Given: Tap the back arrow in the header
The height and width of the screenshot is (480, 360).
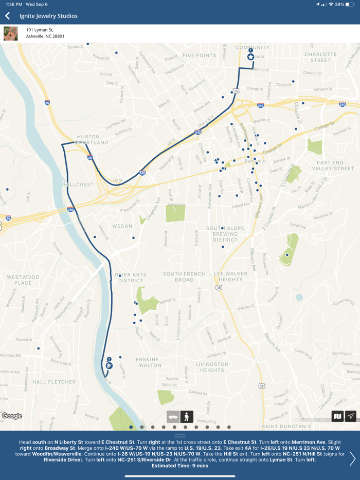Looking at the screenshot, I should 8,16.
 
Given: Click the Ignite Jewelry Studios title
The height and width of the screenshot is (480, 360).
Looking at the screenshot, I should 48,16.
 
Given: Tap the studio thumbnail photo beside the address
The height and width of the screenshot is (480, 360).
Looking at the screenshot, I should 11,33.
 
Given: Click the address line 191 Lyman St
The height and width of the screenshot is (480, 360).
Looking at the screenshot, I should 40,30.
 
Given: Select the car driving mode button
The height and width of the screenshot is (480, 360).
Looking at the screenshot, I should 173,416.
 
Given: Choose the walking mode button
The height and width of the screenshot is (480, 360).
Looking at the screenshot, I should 187,416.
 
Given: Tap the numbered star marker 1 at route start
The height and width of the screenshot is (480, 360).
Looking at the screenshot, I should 250,56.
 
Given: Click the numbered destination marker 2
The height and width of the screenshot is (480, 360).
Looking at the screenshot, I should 109,365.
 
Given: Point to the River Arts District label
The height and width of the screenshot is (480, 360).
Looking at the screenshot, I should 131,278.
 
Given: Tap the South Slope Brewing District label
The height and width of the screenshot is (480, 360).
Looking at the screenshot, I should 222,234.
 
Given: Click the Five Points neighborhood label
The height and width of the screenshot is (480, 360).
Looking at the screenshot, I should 199,56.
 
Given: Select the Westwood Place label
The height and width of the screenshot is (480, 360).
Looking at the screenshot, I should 23,280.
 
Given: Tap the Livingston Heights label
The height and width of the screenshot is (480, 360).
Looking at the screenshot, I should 212,367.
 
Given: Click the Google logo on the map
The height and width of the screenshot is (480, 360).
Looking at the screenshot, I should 12,416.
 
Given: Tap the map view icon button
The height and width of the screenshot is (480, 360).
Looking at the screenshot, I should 337,416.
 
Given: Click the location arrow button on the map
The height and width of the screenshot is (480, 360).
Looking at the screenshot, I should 351,416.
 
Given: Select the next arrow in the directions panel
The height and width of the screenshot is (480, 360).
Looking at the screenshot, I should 352,458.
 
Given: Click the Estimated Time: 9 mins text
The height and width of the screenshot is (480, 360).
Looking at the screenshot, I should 180,466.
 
